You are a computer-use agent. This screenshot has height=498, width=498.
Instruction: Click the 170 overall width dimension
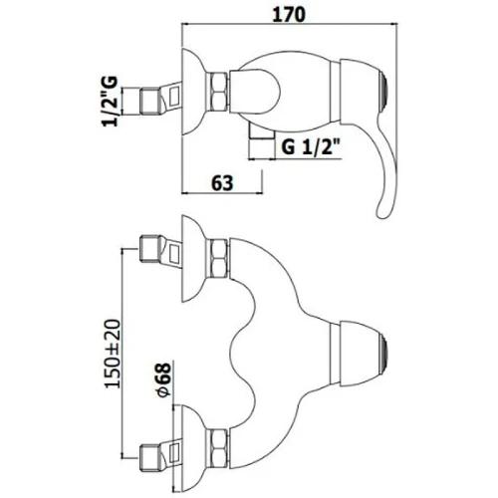288,15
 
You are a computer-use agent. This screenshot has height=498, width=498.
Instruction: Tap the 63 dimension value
222,183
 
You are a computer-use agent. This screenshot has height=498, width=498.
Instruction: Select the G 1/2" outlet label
311,146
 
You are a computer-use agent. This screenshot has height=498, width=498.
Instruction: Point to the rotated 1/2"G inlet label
110,102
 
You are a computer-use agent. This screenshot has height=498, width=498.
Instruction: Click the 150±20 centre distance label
113,354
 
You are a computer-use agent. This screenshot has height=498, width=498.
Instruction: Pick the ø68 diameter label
163,379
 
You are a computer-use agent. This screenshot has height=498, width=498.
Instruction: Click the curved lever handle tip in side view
382,212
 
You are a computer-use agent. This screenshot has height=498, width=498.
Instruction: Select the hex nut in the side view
217,92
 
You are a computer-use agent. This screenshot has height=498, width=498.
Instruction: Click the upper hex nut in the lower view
217,258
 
